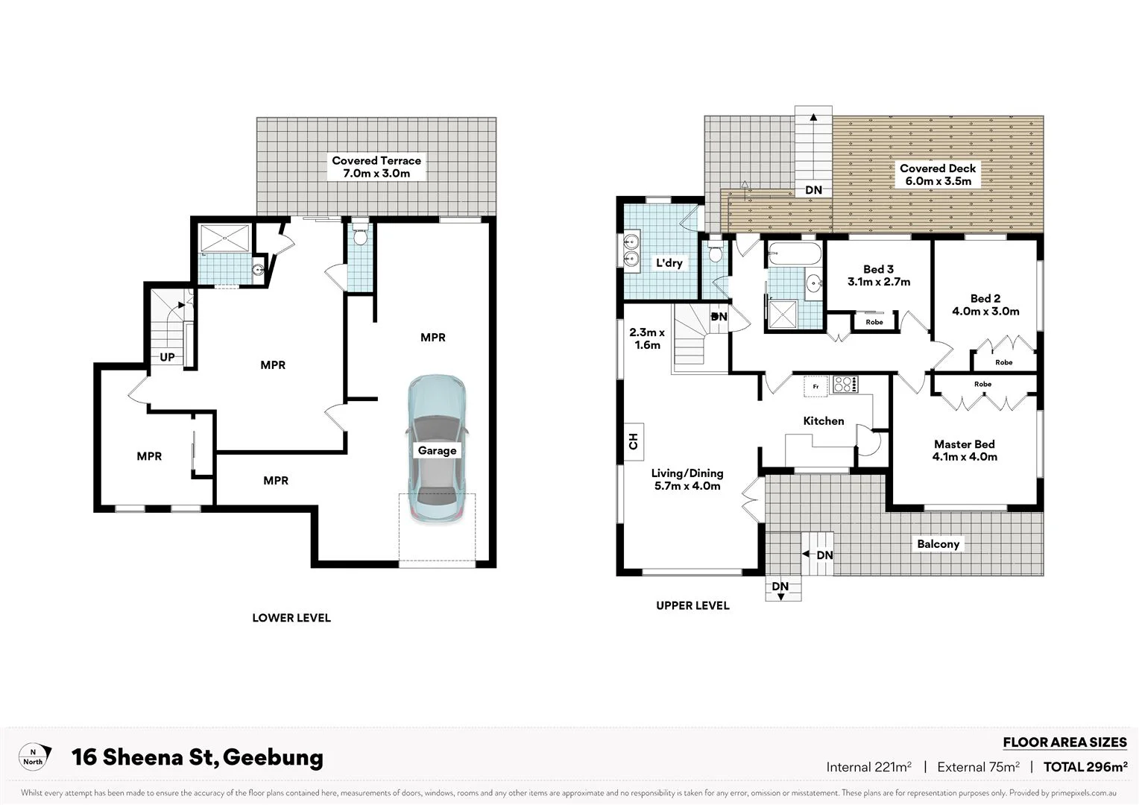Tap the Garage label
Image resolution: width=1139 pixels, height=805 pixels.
tap(437, 451)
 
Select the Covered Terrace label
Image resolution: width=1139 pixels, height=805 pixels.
tap(376, 167)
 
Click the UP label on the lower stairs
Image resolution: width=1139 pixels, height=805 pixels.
tap(168, 357)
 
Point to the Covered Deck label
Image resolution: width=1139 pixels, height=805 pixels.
tap(938, 174)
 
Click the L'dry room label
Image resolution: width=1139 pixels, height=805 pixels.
tap(669, 263)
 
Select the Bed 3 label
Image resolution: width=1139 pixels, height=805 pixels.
tap(878, 275)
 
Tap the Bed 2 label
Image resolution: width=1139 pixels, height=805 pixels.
tap(985, 305)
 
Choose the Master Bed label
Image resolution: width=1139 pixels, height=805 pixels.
tap(965, 450)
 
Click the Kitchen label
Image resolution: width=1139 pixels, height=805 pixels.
tap(824, 421)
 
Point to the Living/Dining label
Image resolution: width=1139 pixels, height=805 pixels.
tap(687, 479)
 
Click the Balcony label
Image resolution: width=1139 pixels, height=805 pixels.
tap(938, 544)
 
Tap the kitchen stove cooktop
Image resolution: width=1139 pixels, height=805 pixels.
tap(845, 385)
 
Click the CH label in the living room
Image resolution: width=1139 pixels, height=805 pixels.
tap(634, 441)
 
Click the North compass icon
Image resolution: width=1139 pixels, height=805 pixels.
tap(34, 757)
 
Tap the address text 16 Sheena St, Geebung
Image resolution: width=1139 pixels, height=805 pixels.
tap(198, 757)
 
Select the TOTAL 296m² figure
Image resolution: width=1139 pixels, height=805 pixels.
tap(1085, 767)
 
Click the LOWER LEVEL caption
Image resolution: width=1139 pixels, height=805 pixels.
tap(291, 618)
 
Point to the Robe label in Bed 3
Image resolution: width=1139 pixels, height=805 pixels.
tap(874, 322)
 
